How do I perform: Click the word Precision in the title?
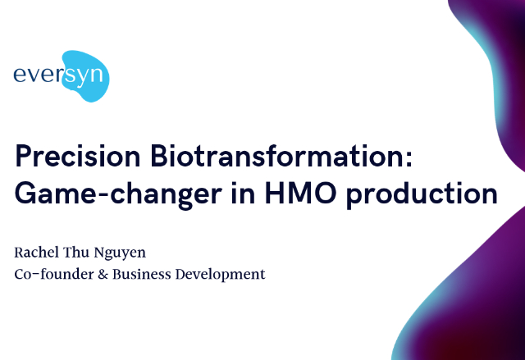coord(77,156)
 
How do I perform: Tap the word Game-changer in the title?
coord(118,194)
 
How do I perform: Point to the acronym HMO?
coord(300,193)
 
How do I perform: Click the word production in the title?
coord(422,194)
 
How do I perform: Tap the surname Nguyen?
coord(120,253)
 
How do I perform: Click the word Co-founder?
coord(54,274)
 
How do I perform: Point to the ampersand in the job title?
coord(103,275)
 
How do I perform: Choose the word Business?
coord(142,275)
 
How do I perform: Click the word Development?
coord(221,275)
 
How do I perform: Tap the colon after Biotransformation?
coord(409,159)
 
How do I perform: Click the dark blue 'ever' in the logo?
coord(38,75)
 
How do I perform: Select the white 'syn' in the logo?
coord(84,76)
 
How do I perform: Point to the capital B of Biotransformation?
coord(158,156)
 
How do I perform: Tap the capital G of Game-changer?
coord(25,193)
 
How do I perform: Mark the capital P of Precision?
coord(23,156)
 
